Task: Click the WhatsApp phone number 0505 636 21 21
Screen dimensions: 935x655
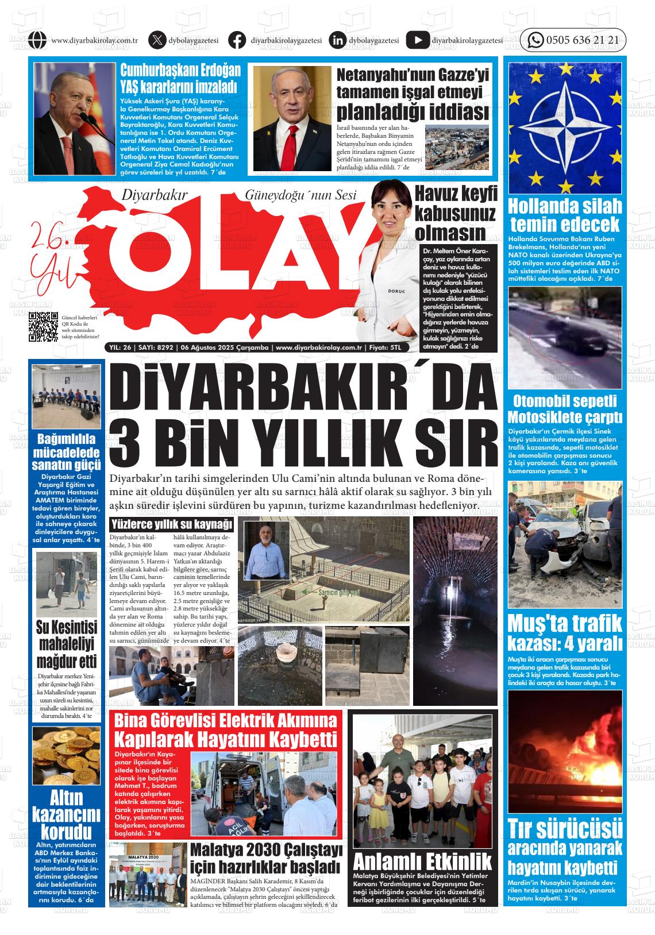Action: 582,40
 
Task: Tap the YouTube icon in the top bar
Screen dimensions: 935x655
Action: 417,40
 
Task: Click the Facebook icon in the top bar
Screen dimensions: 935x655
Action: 237,40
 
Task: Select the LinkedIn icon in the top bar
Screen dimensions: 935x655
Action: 338,40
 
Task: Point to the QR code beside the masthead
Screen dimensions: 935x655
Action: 44,327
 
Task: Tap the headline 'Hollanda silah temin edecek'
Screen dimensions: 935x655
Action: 565,215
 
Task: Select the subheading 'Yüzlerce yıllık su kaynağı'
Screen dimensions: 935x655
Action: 172,524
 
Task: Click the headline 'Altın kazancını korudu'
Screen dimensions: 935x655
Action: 66,815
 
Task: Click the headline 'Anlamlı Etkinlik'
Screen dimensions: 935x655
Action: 422,861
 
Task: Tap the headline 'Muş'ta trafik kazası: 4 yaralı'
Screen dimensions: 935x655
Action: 565,632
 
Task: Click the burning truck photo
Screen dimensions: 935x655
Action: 565,750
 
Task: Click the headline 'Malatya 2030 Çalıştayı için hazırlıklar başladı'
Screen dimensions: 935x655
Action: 265,857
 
